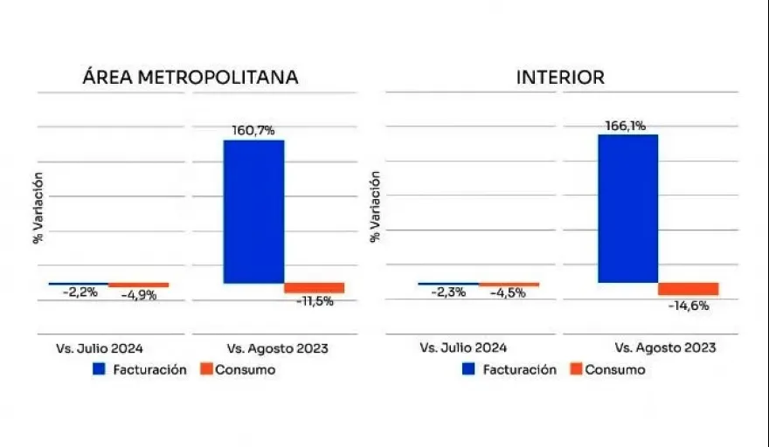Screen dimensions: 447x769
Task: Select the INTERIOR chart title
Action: point(560,77)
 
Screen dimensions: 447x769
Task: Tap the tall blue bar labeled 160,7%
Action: point(253,211)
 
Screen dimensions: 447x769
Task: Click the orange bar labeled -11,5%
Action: point(315,288)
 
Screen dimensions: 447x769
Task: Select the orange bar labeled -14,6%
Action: point(688,289)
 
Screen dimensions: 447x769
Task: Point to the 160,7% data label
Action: point(253,130)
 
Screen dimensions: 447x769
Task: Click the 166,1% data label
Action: point(626,126)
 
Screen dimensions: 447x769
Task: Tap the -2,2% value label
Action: point(80,292)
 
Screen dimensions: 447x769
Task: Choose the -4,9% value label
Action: point(139,295)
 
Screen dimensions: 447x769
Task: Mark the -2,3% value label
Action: point(448,292)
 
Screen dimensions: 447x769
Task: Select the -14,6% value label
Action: point(689,306)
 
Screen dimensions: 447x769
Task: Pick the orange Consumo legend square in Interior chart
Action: point(575,369)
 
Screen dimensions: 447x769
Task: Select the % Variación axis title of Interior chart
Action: point(377,206)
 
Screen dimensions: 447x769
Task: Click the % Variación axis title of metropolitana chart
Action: point(38,208)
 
